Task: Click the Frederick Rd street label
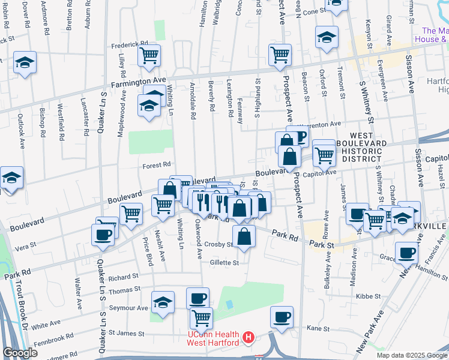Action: coord(129,44)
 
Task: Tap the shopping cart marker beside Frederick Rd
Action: coord(149,56)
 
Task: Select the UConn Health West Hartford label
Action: coord(213,338)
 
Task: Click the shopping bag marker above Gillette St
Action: coord(244,236)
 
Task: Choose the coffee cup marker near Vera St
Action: coord(103,235)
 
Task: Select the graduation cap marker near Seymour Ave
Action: coord(162,302)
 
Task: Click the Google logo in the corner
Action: coord(20,353)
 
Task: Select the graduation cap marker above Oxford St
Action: coord(327,37)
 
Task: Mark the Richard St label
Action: coord(124,277)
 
